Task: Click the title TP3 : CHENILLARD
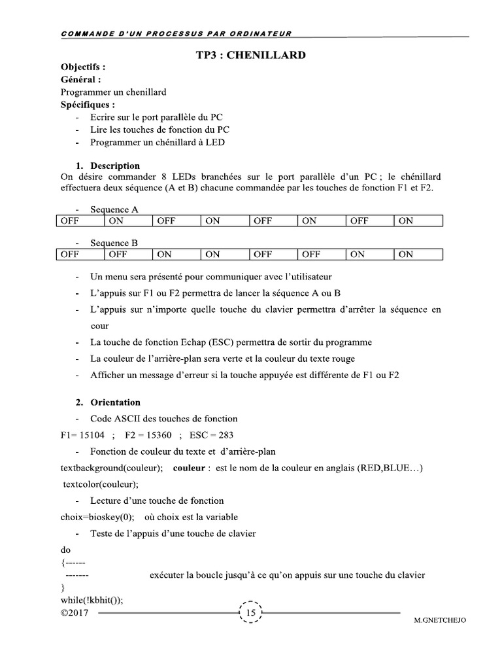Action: tap(251, 55)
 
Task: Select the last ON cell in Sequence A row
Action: tap(418, 221)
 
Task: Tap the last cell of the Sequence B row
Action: tap(418, 255)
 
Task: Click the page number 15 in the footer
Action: tap(251, 612)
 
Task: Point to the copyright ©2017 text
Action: tap(74, 613)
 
